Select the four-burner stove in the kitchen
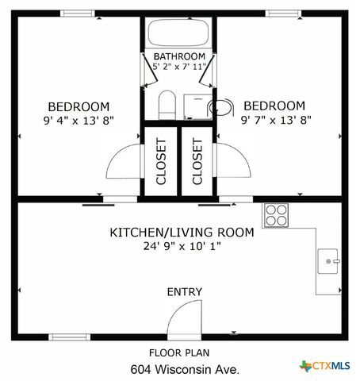click(x=276, y=215)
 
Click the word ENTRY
click(x=184, y=292)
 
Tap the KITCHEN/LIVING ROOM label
click(x=182, y=233)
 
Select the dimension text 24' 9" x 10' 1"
click(x=182, y=246)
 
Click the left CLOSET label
click(x=161, y=162)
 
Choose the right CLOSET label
click(x=197, y=162)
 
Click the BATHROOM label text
click(x=179, y=56)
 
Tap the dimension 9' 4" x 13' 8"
click(x=79, y=121)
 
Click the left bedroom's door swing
click(x=123, y=165)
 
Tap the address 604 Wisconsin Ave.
click(x=184, y=369)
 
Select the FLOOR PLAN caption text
click(x=179, y=352)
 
